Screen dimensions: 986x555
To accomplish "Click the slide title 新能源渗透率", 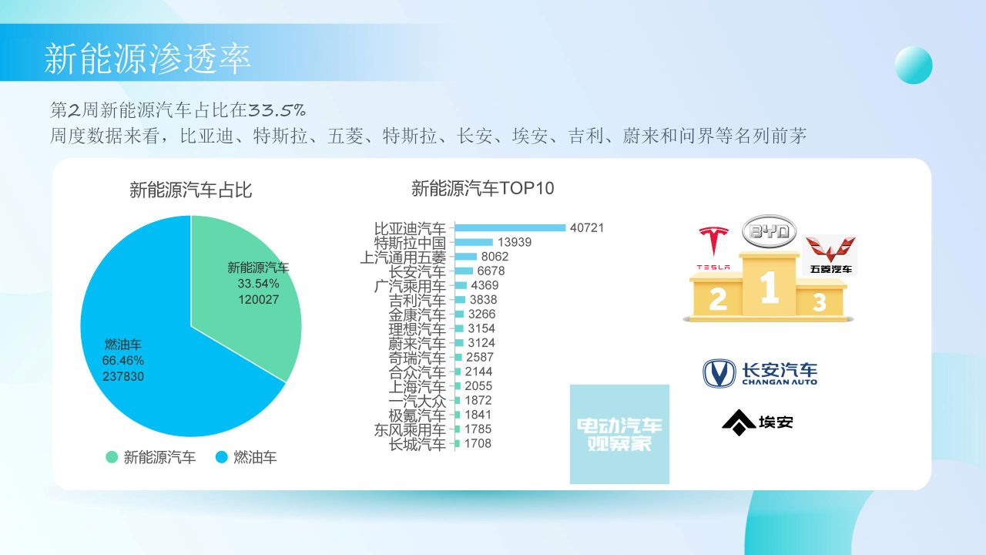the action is (147, 59).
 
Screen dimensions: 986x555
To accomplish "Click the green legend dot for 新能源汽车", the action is (112, 457).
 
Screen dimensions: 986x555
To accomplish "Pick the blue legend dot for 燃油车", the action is (221, 457).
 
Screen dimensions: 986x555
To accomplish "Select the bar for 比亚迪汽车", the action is (510, 227).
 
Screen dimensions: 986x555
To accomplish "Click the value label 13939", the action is (515, 242).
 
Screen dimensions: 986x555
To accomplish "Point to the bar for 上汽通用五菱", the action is (466, 257).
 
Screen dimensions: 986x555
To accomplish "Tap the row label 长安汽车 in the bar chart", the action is (418, 271).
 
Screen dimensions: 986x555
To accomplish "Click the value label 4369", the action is (485, 285).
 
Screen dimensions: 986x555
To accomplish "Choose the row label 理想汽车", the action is (418, 329).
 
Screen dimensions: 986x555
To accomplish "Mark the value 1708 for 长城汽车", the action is (478, 443).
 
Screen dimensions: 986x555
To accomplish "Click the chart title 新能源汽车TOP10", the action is (483, 189).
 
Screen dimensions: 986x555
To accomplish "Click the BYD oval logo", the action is (769, 231).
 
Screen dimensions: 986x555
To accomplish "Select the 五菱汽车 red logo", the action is (830, 255).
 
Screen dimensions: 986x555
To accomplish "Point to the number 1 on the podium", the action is (769, 287).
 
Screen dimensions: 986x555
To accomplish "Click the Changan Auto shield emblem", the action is (719, 373).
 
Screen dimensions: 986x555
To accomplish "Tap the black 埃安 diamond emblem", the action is (739, 422).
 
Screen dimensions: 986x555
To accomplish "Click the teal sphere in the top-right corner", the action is (914, 65).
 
